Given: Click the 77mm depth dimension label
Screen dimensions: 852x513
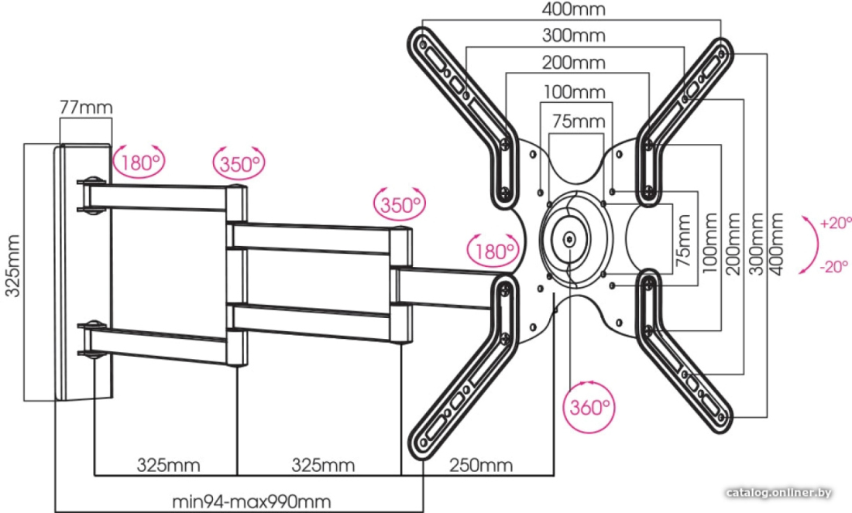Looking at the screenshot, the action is coord(86,107).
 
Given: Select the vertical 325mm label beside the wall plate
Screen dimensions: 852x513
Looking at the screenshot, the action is coord(12,266).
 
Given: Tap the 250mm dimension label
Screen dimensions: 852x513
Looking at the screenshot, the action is coord(481,465).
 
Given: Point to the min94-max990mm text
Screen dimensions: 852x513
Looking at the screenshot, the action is coord(252,501).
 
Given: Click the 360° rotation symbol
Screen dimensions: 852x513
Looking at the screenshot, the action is coord(589,407).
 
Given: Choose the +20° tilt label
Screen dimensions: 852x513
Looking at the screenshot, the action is coord(836,223).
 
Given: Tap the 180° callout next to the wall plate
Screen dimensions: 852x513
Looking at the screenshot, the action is coord(139,162).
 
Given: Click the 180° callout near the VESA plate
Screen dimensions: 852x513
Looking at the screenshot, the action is coord(493,251).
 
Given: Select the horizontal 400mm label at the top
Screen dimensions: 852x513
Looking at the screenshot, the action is coord(574,9).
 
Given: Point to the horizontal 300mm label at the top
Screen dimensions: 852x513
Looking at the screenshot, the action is coord(574,36).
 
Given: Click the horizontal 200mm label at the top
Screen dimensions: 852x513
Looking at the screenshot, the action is coord(574,63).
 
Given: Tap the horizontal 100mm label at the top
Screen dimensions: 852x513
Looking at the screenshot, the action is coord(575,92).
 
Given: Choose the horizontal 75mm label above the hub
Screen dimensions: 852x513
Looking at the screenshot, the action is coord(579,121).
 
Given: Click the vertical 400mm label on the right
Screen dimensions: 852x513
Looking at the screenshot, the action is coord(776,244).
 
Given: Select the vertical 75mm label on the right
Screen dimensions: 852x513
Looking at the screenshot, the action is coord(684,241).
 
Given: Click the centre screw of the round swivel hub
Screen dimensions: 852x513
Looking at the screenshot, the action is coord(569,238).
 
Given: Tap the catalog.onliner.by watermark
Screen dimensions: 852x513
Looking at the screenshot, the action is coord(779,493).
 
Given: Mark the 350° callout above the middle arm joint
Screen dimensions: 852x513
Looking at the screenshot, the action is coord(400,204).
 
